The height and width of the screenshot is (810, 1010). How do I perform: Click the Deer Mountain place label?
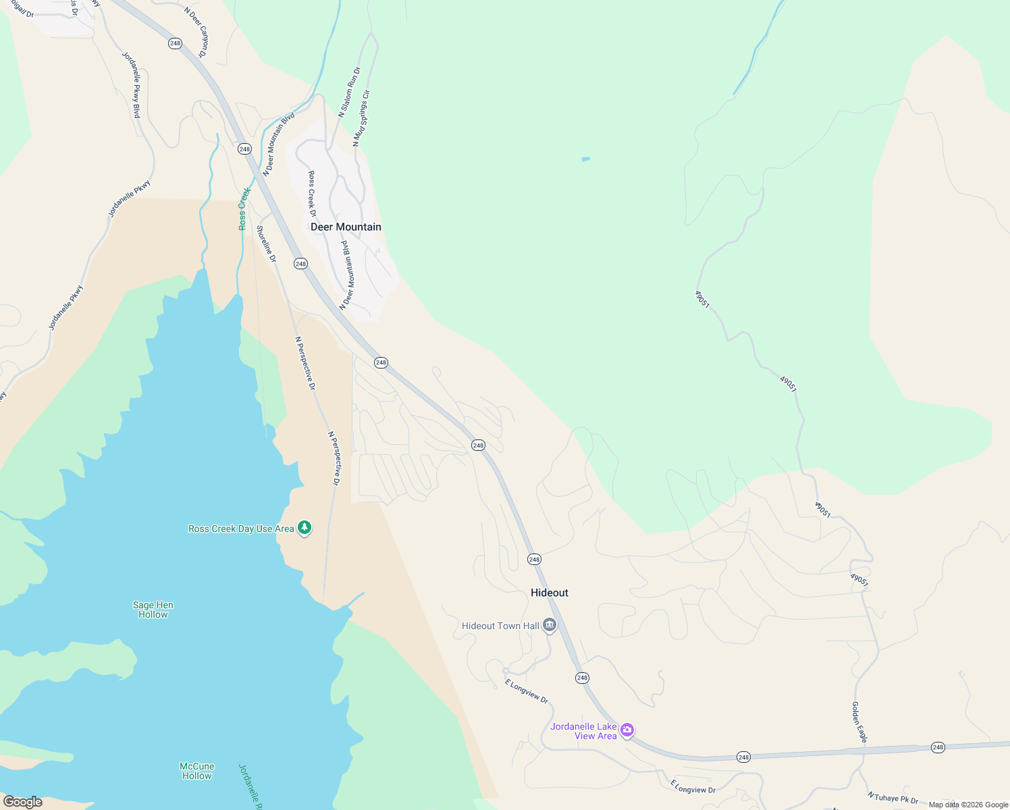click(346, 227)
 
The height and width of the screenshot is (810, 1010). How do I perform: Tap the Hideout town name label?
click(549, 593)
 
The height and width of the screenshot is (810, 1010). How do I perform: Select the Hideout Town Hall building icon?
click(550, 626)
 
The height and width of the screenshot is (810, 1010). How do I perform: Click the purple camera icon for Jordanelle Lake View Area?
click(627, 730)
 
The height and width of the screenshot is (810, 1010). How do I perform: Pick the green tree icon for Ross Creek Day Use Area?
click(304, 527)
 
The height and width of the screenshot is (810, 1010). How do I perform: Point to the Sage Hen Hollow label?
click(153, 610)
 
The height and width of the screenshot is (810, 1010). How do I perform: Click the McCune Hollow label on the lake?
click(196, 771)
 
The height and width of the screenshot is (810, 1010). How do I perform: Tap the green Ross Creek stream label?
click(244, 209)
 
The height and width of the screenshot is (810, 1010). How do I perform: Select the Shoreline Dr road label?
click(266, 244)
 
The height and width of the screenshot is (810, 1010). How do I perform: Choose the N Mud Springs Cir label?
click(362, 119)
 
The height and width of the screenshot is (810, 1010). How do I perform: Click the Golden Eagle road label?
click(859, 722)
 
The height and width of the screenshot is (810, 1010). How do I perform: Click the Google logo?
click(23, 802)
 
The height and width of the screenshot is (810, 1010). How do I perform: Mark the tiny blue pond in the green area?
click(585, 159)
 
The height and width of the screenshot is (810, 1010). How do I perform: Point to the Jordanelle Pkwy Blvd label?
click(132, 85)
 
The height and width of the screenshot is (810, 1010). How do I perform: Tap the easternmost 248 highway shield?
click(938, 747)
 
